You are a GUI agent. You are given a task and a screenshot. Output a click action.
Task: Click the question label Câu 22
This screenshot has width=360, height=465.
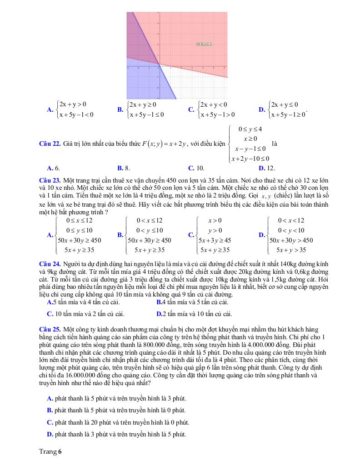point(50,144)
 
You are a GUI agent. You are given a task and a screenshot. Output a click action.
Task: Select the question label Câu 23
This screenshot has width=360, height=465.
point(50,181)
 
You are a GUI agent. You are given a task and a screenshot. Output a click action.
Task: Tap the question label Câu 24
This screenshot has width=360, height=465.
point(50,264)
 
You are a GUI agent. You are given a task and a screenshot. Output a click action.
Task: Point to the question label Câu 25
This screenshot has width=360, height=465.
point(50,329)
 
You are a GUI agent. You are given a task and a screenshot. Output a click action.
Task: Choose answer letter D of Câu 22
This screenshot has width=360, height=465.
point(261,168)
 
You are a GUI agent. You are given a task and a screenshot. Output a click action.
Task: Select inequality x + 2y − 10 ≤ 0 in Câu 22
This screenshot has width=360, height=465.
point(250,158)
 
